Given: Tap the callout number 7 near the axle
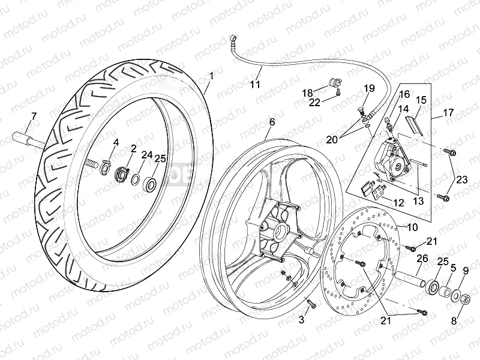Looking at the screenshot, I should point(34,116).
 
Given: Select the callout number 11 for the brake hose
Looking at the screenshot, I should point(256,84).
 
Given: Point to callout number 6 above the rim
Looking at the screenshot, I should point(272,122).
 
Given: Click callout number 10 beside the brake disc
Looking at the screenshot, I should point(413,228).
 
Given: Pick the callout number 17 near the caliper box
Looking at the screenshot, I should point(449,112).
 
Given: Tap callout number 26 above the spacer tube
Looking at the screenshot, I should point(422,259).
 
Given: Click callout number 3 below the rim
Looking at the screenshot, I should point(301,320).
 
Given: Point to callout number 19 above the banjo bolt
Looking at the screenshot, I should point(368,89).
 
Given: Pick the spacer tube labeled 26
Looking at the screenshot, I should point(409,279).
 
